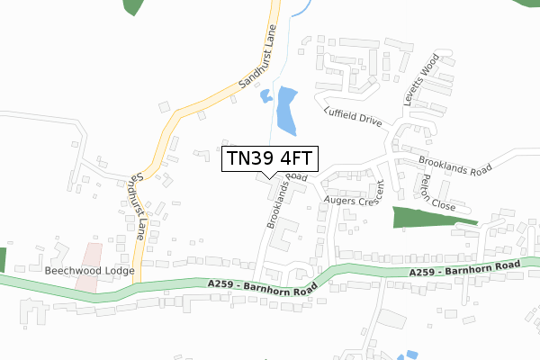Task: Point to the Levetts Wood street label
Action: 419,85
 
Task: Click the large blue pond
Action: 286,109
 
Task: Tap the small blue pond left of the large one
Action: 265,96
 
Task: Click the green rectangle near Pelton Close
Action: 422,220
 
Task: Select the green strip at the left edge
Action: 3,259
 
